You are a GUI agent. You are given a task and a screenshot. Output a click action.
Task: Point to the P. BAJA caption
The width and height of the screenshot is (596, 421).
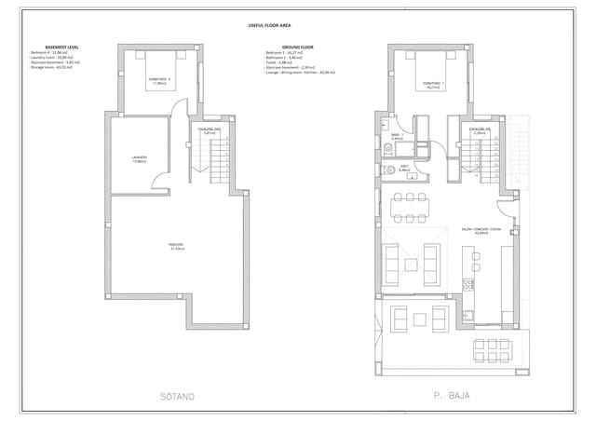[450, 396]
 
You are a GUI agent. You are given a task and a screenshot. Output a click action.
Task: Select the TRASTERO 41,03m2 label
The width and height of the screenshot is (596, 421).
[176, 247]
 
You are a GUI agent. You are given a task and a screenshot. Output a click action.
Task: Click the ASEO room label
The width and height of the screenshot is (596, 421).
[403, 169]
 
